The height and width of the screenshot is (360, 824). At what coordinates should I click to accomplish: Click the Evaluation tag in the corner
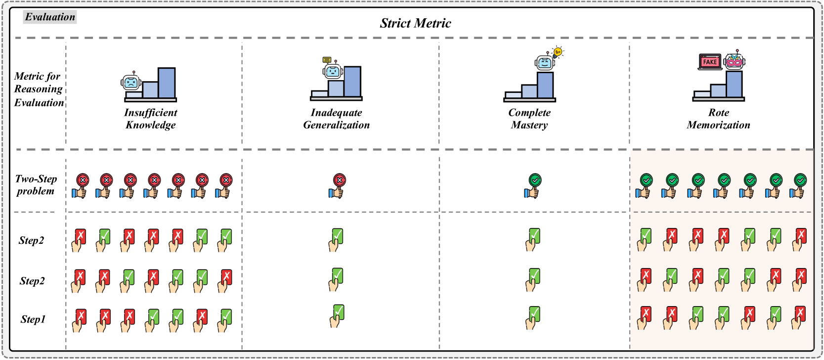click(x=50, y=17)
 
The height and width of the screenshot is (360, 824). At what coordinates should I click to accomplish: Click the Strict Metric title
click(x=415, y=23)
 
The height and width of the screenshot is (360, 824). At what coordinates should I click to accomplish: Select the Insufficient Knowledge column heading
click(x=150, y=119)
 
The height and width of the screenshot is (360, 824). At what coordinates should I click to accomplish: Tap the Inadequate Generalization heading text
click(x=336, y=119)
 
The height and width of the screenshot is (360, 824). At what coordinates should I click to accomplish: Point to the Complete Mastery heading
click(x=529, y=119)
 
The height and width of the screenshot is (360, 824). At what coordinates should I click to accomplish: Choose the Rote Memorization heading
click(x=718, y=119)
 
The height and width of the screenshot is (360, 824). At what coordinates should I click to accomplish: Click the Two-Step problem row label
click(x=36, y=185)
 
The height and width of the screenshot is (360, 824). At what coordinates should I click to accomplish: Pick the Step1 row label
click(x=33, y=319)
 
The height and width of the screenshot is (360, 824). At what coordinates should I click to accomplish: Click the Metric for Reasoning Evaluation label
click(x=39, y=90)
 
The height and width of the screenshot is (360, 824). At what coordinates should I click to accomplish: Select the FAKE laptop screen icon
click(x=710, y=62)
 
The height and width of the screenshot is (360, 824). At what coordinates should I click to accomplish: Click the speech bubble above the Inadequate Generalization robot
click(x=327, y=60)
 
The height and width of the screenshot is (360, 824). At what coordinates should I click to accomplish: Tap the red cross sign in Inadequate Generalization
click(x=339, y=180)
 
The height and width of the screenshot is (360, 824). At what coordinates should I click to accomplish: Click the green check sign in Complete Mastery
click(x=535, y=180)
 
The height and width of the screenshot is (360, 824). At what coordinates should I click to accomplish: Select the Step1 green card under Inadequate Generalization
click(x=339, y=312)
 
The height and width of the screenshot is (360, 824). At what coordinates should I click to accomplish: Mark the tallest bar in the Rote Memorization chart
click(x=734, y=84)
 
